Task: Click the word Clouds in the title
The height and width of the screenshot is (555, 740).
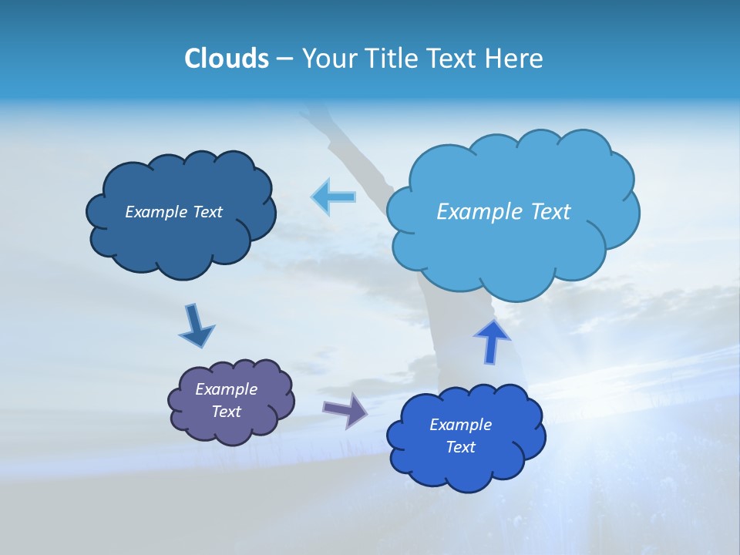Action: pos(226,59)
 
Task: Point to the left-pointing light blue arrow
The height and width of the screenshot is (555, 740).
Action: pos(334,197)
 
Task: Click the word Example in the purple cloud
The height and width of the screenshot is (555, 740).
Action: pos(226,389)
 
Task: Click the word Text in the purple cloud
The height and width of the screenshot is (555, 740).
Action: pos(226,412)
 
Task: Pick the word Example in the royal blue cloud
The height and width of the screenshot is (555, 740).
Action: pos(460,425)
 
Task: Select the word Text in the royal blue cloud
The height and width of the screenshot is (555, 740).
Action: pos(460,447)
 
